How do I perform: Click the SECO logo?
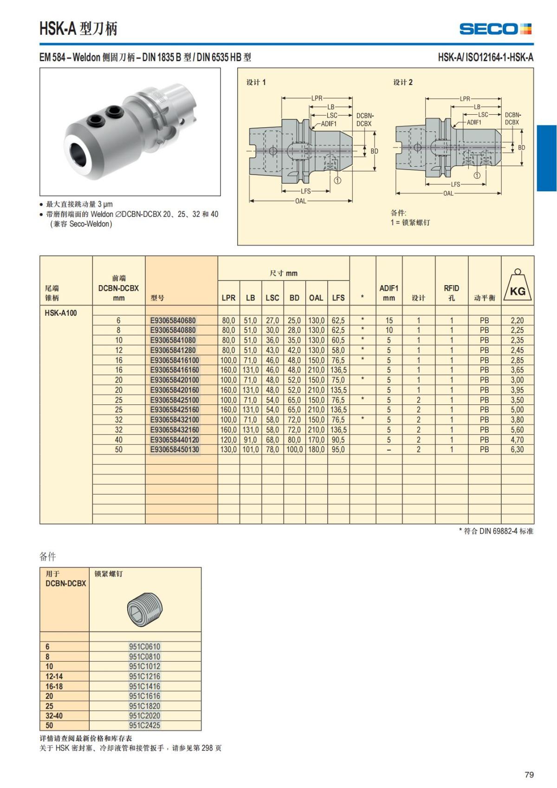click(495, 29)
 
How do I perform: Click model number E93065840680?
click(173, 320)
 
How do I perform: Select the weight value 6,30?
click(517, 449)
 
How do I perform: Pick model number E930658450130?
click(175, 449)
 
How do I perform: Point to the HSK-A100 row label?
click(61, 313)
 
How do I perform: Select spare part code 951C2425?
click(144, 725)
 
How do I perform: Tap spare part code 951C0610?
click(144, 646)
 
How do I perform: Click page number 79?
click(529, 775)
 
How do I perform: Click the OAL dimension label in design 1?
click(301, 201)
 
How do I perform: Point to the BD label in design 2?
click(522, 148)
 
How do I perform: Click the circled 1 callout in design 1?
click(337, 181)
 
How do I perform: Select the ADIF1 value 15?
click(389, 320)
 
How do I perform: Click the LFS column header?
click(338, 298)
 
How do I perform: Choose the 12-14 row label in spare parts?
click(54, 676)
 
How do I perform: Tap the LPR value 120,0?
click(228, 440)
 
